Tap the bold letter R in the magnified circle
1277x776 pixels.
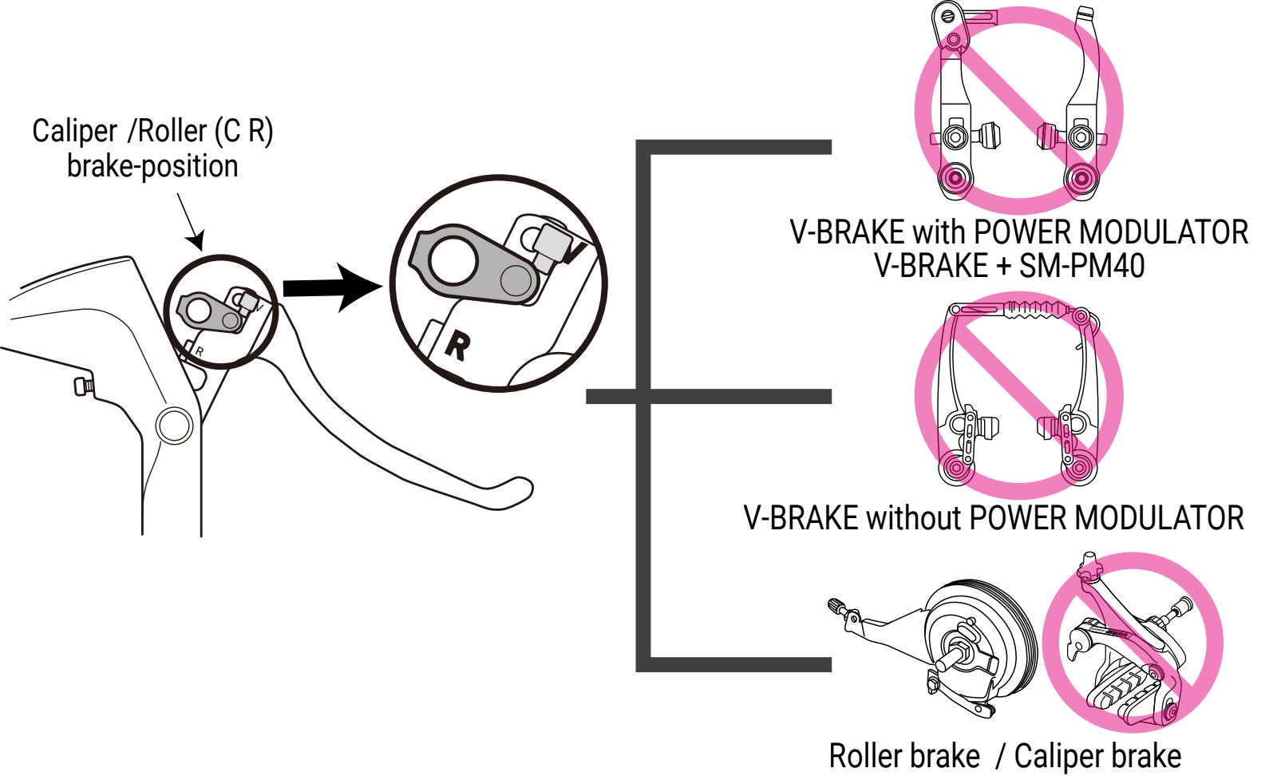(458, 346)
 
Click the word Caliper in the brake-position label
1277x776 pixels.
(75, 131)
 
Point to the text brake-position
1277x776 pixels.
(152, 167)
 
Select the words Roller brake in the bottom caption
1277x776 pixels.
(904, 756)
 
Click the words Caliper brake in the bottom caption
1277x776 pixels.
(1097, 756)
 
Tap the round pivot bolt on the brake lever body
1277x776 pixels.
(174, 426)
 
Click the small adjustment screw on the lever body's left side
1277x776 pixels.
(82, 386)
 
